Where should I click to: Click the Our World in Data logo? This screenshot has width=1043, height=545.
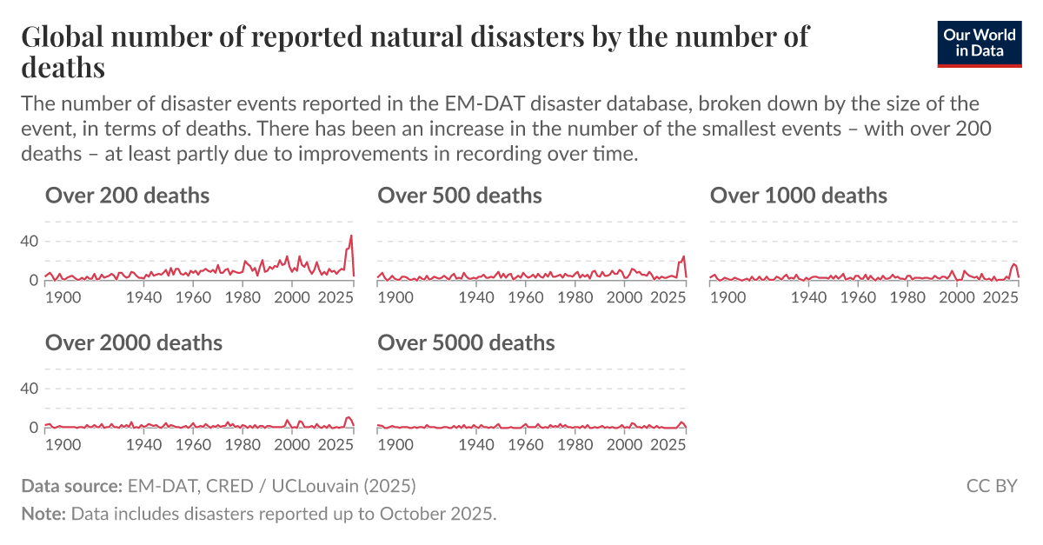[978, 43]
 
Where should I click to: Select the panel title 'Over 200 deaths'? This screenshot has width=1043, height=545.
[127, 196]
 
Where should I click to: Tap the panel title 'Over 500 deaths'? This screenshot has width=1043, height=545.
[460, 196]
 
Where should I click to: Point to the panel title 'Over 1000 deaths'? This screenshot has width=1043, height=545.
[798, 196]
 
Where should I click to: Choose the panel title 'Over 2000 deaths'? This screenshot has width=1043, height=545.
[134, 342]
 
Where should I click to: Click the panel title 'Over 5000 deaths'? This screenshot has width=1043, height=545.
[466, 342]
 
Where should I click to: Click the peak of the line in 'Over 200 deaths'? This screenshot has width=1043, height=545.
[351, 236]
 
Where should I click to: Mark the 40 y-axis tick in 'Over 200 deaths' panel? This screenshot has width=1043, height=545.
[29, 241]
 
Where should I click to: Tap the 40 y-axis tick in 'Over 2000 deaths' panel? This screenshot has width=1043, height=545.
[29, 388]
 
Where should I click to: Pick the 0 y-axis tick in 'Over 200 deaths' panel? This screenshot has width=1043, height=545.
[34, 281]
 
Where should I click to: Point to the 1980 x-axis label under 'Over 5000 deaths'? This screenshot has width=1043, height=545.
[575, 444]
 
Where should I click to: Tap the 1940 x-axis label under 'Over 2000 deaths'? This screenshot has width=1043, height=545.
[144, 444]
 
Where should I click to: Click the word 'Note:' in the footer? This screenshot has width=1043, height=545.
[43, 513]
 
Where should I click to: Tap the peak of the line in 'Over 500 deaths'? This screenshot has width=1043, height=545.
[684, 256]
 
